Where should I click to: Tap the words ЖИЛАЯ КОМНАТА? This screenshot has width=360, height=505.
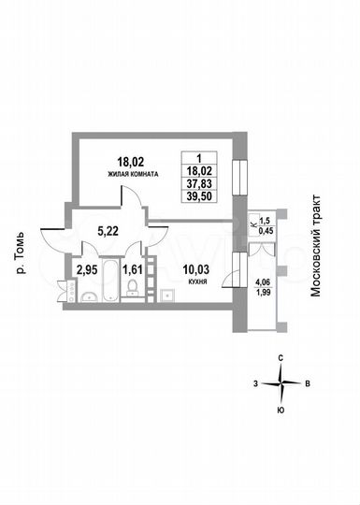(x=131, y=174)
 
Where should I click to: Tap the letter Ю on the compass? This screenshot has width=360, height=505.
(x=281, y=410)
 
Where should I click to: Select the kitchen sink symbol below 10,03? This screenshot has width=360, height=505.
(x=167, y=296)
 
